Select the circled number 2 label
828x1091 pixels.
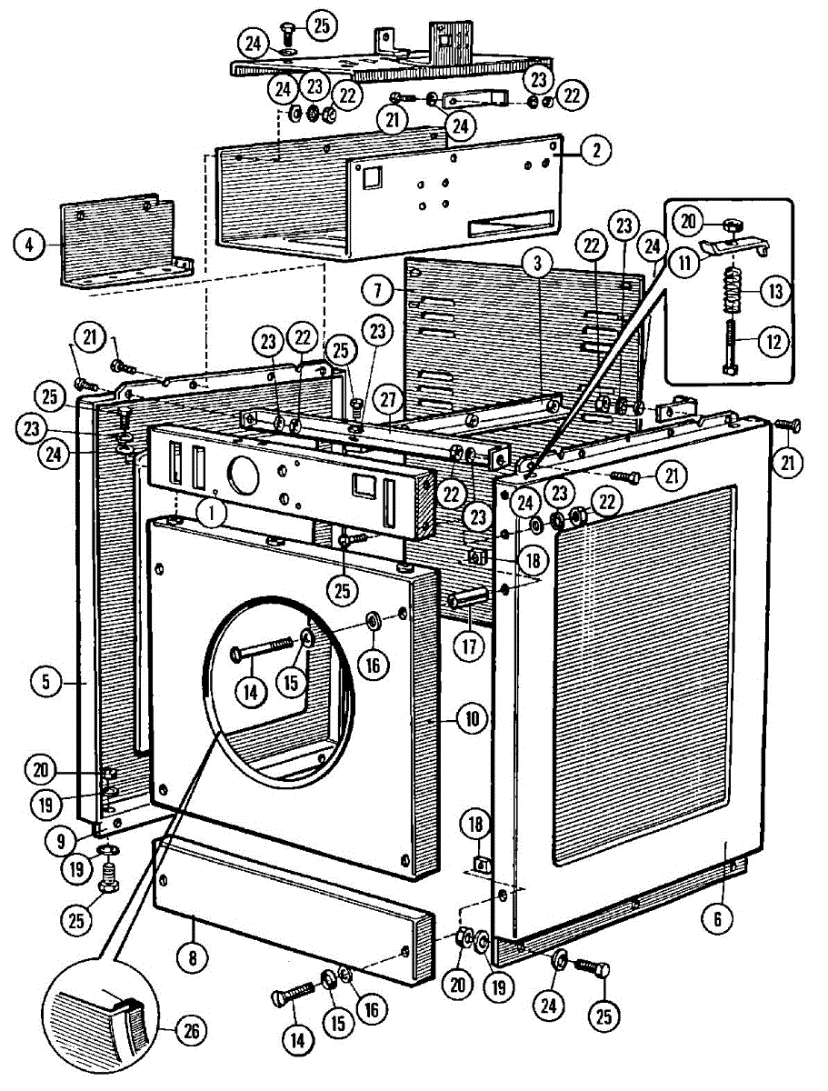pos(594,151)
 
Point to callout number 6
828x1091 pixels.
pos(716,919)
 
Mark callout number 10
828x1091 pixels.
pos(471,719)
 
